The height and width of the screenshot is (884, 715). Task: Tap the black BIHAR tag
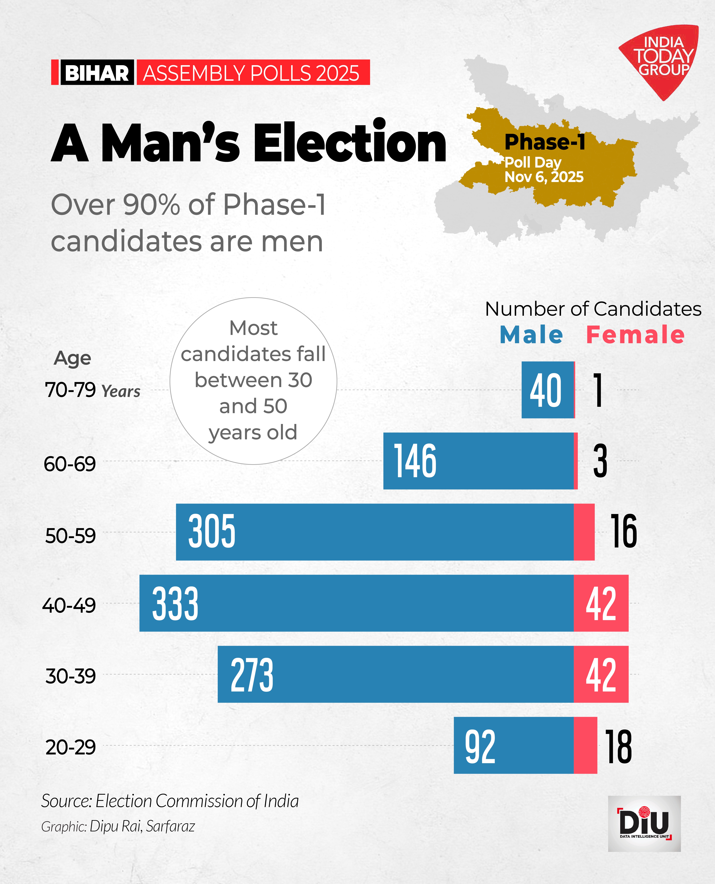pyautogui.click(x=97, y=73)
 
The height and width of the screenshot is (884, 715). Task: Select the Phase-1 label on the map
pyautogui.click(x=544, y=142)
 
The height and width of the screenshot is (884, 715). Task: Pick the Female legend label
pyautogui.click(x=635, y=335)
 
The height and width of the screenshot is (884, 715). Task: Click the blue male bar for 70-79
pyautogui.click(x=547, y=390)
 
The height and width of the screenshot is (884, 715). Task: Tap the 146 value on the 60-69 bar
pyautogui.click(x=415, y=461)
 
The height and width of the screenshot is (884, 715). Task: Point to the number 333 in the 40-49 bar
pyautogui.click(x=175, y=603)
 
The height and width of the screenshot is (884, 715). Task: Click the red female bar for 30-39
pyautogui.click(x=601, y=674)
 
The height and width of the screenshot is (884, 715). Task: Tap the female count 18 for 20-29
pyautogui.click(x=618, y=746)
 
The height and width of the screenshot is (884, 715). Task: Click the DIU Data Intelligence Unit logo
pyautogui.click(x=644, y=823)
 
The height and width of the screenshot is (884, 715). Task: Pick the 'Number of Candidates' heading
pyautogui.click(x=593, y=309)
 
